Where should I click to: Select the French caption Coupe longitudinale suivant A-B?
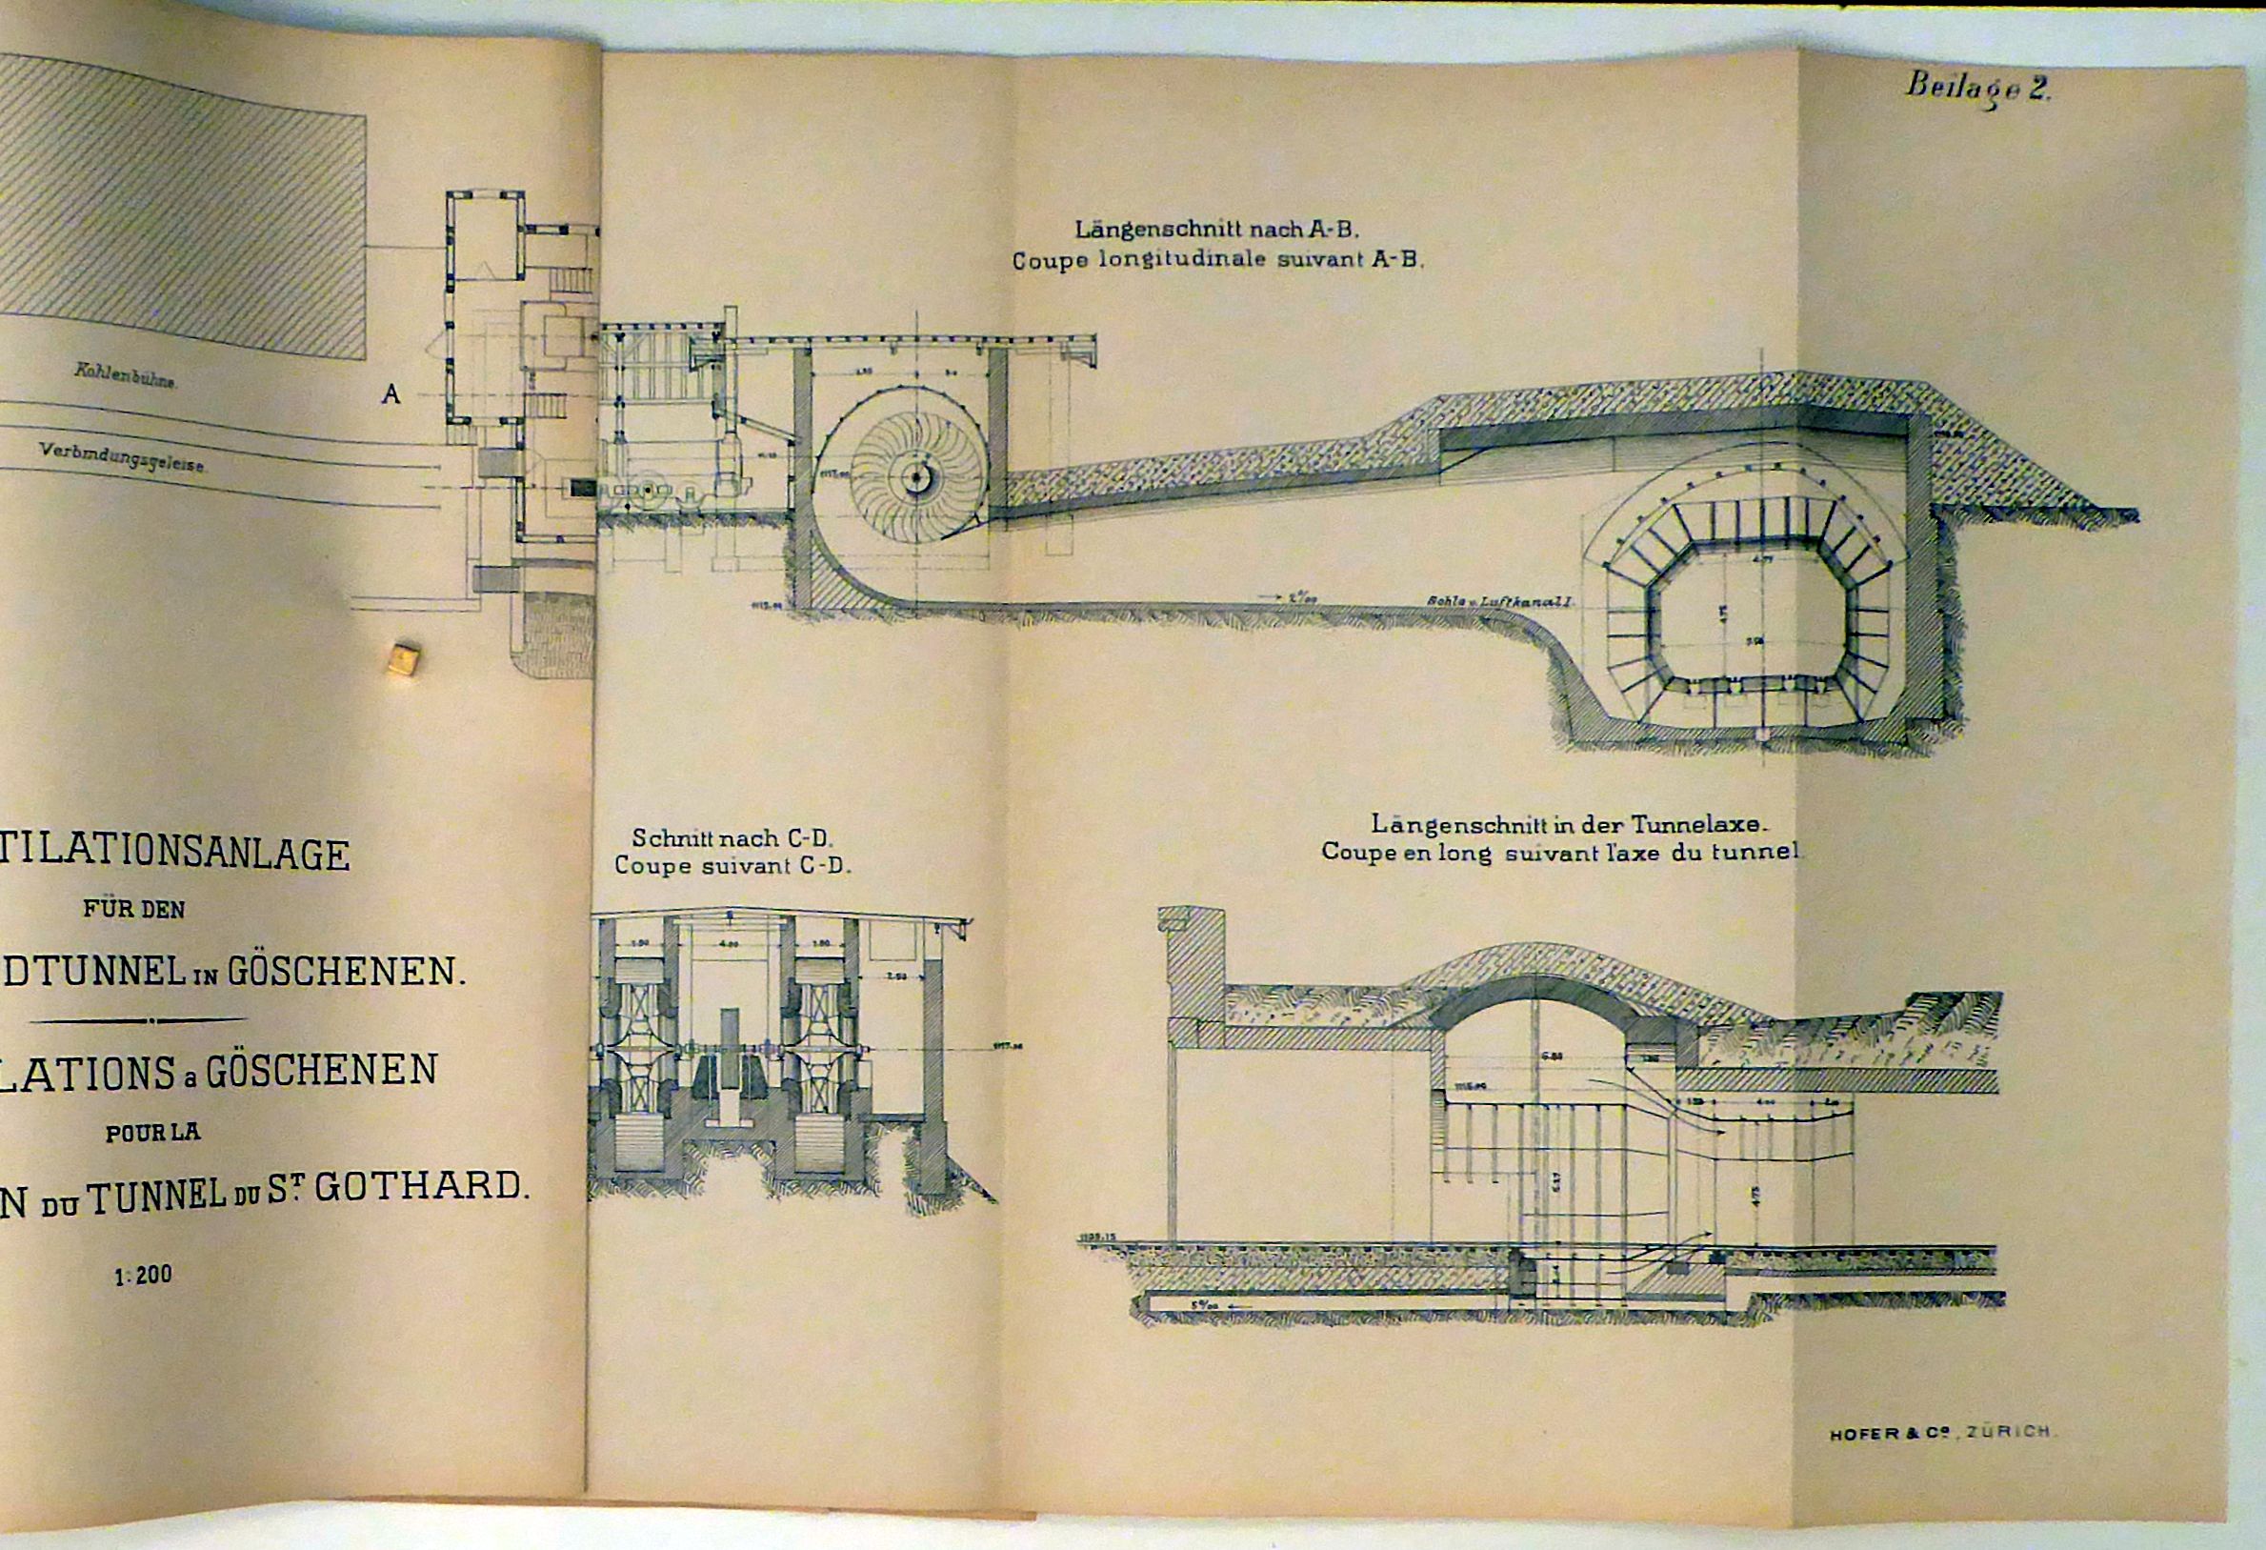pyautogui.click(x=1218, y=261)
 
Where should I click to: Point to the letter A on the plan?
pyautogui.click(x=391, y=395)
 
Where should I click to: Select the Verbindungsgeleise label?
pyautogui.click(x=122, y=457)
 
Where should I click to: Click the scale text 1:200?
pyautogui.click(x=142, y=1274)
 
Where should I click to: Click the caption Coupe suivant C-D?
pyautogui.click(x=733, y=866)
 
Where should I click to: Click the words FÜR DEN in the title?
pyautogui.click(x=133, y=909)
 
